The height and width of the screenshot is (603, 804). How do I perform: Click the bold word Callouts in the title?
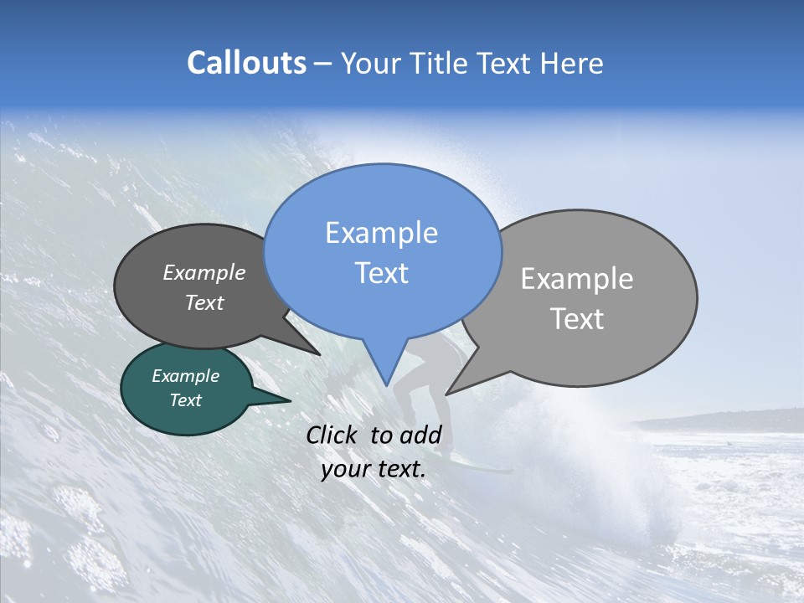click(x=246, y=63)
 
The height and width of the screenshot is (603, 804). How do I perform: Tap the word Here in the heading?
click(x=572, y=64)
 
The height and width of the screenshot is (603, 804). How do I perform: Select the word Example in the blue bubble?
click(x=381, y=233)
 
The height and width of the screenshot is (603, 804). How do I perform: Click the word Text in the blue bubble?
click(x=381, y=273)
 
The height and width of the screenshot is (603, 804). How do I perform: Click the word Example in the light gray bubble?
click(x=577, y=279)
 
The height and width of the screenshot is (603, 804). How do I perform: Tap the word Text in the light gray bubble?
click(x=577, y=319)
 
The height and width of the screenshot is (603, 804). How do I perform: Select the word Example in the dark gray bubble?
click(x=204, y=272)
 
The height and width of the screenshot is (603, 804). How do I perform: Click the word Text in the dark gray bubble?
click(x=204, y=302)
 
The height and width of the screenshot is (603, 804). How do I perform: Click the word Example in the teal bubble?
click(x=185, y=376)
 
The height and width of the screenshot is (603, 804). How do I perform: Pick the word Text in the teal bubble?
click(x=185, y=400)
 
